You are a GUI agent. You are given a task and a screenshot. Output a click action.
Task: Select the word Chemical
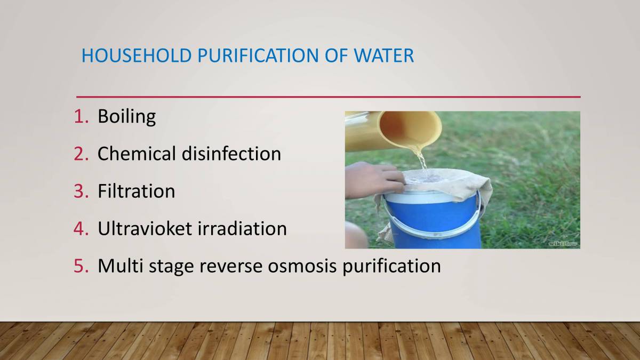point(137,154)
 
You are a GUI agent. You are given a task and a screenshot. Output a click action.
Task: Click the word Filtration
point(136,191)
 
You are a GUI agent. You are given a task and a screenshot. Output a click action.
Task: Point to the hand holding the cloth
point(373,179)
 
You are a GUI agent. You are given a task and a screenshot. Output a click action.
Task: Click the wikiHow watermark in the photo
point(563,243)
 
